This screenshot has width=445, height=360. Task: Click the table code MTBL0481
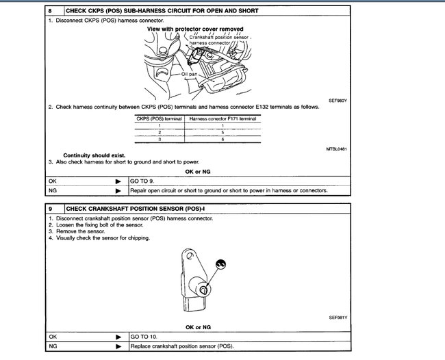pos(337,149)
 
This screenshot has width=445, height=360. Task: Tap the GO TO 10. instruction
pos(146,337)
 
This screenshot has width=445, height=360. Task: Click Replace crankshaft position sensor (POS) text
pos(181,346)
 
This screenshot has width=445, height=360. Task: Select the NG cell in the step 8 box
pos(53,190)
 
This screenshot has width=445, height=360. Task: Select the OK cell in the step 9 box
pos(53,337)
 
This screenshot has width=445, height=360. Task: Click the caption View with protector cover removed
pos(195,29)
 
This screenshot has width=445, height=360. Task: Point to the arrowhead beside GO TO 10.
pos(118,337)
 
